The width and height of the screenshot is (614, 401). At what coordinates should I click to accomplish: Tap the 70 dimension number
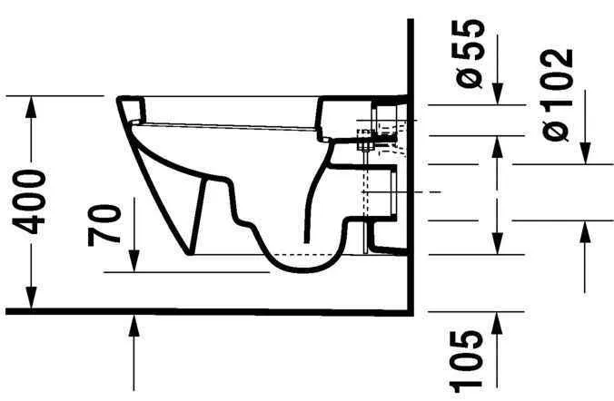click(x=106, y=226)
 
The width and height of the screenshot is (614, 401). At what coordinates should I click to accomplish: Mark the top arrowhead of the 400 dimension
click(x=33, y=102)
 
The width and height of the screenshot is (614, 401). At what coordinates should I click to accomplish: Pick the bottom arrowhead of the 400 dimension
click(x=33, y=302)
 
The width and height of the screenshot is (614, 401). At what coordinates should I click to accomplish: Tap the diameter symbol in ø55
click(x=472, y=79)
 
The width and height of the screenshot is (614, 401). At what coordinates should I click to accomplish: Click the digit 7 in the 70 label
click(x=106, y=235)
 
